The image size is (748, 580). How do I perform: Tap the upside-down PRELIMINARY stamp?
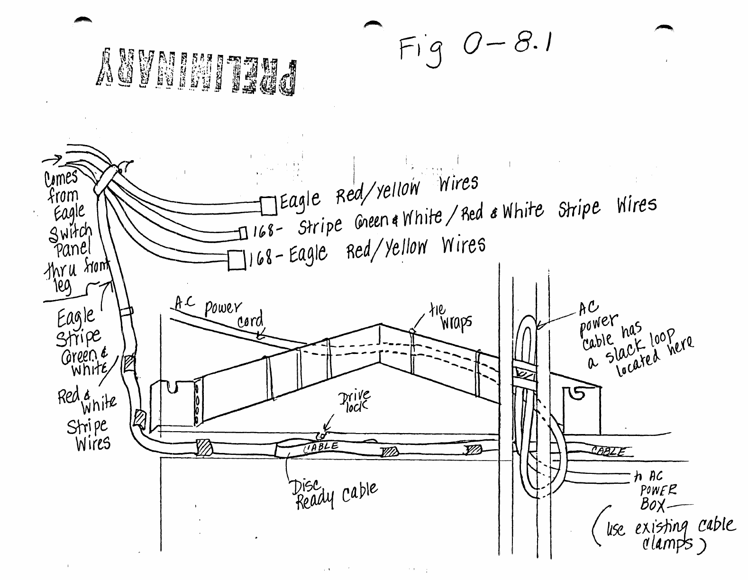tap(197, 72)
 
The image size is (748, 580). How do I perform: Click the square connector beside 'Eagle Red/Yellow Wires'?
tap(268, 206)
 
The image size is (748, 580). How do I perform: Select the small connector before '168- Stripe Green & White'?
tap(243, 233)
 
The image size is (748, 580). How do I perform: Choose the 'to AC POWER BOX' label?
tap(657, 490)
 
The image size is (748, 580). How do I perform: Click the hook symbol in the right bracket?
tap(578, 393)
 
